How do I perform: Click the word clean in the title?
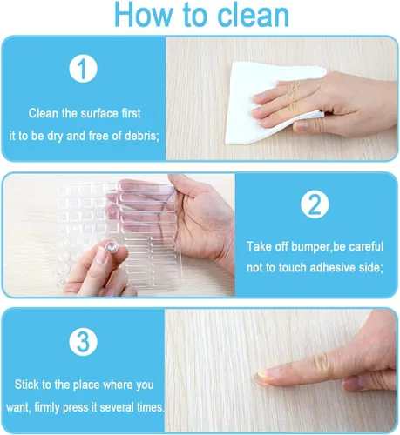tap(254, 15)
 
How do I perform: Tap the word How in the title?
tap(144, 15)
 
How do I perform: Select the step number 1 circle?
tap(83, 69)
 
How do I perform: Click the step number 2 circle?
tap(315, 204)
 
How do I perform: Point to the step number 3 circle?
tap(83, 341)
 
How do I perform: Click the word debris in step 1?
tap(142, 136)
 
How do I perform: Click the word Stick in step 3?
tap(26, 385)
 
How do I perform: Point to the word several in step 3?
tap(117, 407)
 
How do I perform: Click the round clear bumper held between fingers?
tap(112, 247)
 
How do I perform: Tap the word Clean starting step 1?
tap(44, 113)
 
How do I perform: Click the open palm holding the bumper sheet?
tap(203, 220)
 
